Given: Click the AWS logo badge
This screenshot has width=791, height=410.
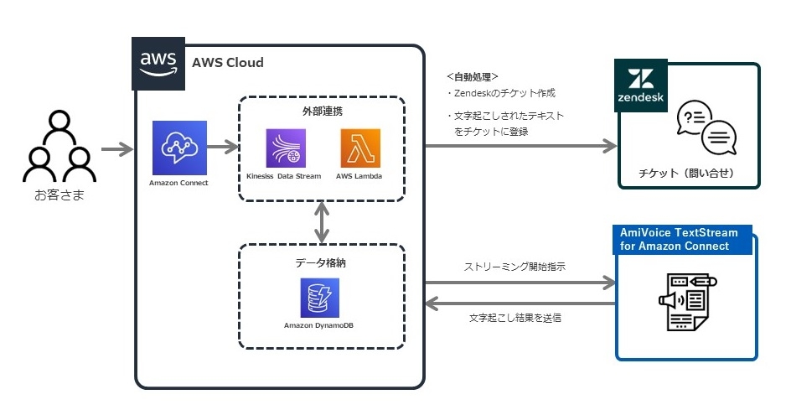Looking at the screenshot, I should (x=158, y=63).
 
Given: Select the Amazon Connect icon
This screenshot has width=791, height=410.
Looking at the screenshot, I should (x=178, y=148).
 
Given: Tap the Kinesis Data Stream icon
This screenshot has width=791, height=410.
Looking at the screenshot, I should (x=285, y=148).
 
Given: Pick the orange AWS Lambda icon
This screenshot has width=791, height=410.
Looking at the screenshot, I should (x=360, y=148).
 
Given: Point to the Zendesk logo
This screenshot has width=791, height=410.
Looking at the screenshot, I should (x=640, y=85).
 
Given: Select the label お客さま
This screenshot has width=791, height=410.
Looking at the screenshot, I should (x=56, y=196).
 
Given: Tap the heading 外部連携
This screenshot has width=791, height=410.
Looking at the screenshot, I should (x=321, y=111).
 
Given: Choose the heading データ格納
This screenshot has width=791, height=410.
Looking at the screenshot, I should (x=321, y=262).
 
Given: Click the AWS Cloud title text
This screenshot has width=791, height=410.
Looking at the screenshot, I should (x=227, y=63).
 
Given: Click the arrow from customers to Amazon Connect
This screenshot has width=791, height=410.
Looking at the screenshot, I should (x=117, y=151).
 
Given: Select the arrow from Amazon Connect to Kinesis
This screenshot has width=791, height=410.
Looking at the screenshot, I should (x=222, y=149).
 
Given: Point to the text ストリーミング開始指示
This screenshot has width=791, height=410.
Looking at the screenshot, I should (x=514, y=267).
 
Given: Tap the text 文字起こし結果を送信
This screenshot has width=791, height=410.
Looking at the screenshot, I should (x=514, y=318).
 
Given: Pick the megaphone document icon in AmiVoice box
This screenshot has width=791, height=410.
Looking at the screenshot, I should (x=685, y=301).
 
